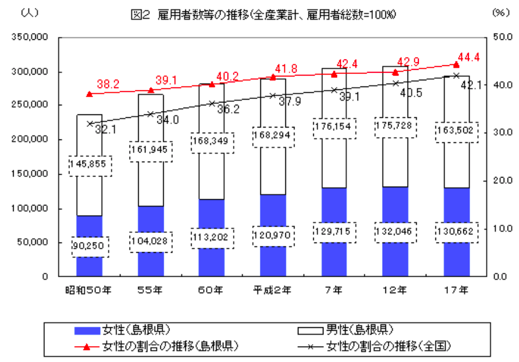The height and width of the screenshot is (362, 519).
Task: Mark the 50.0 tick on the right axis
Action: coord(500,38)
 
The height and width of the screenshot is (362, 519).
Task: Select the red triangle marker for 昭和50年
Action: coord(89,94)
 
